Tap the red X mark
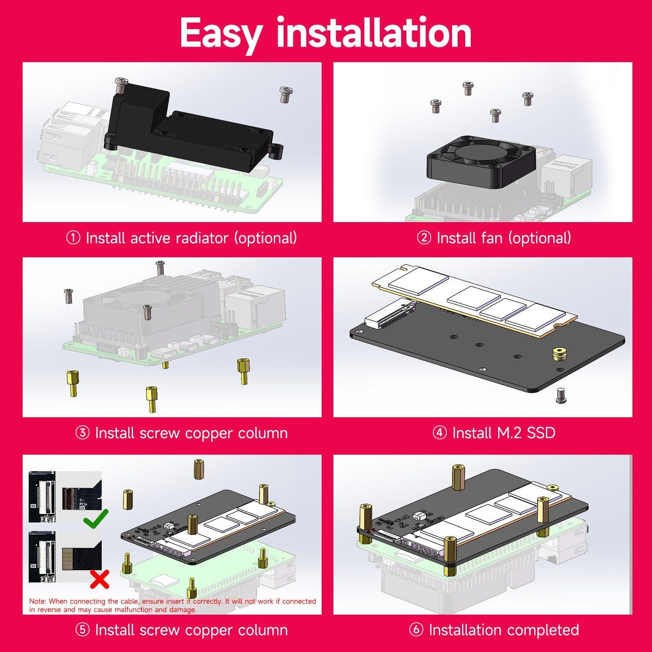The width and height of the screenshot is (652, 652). (x=99, y=579)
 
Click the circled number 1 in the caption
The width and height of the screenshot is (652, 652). (x=73, y=238)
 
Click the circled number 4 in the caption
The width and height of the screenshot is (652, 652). (x=440, y=433)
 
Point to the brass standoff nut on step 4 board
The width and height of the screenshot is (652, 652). (x=558, y=353)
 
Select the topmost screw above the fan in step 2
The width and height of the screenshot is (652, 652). (x=468, y=88)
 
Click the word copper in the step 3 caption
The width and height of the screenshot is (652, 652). (x=210, y=433)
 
